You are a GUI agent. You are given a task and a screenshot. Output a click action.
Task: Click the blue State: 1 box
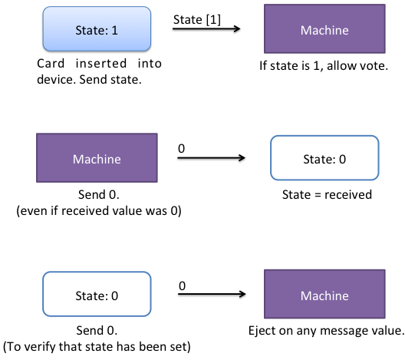tap(97, 29)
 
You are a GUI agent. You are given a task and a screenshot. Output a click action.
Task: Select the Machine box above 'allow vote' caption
tap(324, 29)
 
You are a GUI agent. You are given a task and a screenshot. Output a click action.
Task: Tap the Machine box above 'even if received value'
tap(97, 158)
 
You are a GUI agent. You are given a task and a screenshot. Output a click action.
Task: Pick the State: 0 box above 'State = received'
tap(324, 158)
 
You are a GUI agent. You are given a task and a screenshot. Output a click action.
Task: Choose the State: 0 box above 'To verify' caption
tap(97, 294)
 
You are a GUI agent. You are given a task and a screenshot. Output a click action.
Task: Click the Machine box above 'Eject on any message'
tap(324, 294)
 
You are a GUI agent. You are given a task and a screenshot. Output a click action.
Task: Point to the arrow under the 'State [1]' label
tap(206, 28)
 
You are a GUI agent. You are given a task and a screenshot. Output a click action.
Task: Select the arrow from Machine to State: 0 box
tap(211, 157)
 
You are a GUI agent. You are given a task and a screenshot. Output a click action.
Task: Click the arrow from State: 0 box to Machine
tap(212, 294)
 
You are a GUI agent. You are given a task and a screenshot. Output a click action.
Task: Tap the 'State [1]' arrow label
tap(197, 20)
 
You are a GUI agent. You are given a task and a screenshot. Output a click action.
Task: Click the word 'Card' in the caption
tap(51, 64)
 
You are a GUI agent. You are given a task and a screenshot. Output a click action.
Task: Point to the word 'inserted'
tap(101, 64)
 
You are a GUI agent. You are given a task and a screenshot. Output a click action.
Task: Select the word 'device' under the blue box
tap(56, 80)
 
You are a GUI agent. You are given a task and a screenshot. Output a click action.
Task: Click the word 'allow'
tap(342, 66)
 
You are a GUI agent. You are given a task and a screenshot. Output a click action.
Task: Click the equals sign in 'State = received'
tap(318, 195)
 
